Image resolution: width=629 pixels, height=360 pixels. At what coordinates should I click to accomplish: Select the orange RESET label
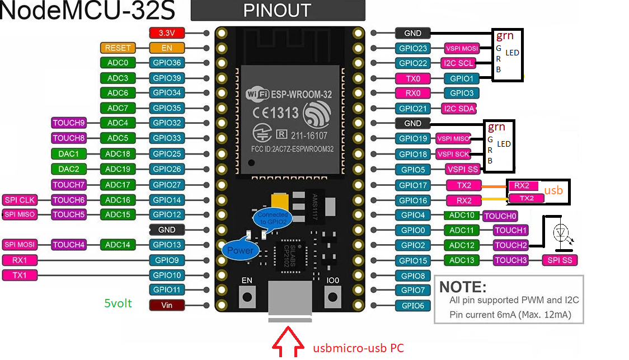pos(117,48)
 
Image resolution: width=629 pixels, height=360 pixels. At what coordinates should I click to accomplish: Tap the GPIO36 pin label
pos(167,63)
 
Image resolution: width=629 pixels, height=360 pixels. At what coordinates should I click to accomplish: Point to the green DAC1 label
pos(68,153)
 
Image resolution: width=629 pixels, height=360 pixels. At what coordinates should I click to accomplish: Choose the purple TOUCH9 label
pos(68,123)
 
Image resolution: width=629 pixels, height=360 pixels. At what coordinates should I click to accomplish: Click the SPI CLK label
pos(19,200)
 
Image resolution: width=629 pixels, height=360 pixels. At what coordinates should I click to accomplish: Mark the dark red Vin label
pos(167,305)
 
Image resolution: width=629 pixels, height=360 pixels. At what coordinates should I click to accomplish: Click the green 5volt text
pos(118,303)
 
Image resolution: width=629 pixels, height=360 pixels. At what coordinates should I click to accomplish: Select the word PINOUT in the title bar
pos(278,11)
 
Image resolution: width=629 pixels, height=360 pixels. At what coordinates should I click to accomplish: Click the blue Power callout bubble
pos(240,250)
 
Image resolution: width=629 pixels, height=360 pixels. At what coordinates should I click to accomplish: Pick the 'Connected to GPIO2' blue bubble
pos(273,218)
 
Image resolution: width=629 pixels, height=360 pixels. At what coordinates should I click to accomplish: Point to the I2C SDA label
pos(459,109)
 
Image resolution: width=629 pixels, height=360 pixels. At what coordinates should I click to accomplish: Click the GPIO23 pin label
pos(413,49)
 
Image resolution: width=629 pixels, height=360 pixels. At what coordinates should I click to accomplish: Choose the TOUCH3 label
pos(510,260)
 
